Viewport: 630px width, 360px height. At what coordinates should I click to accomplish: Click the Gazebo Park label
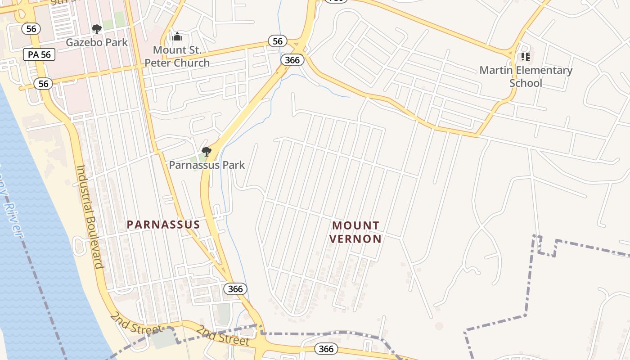(97, 42)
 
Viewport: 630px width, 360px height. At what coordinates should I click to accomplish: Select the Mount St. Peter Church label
(177, 56)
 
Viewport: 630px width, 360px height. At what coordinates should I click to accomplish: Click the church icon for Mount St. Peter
(177, 36)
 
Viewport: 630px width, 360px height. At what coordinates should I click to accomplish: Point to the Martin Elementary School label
(526, 76)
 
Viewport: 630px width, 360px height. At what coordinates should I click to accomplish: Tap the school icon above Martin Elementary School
(526, 57)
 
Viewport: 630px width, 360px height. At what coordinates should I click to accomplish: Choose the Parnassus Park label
(207, 165)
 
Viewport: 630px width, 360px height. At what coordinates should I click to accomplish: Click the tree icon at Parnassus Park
(207, 152)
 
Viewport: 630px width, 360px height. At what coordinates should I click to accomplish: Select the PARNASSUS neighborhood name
(163, 225)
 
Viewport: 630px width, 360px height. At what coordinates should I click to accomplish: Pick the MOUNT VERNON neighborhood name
(355, 232)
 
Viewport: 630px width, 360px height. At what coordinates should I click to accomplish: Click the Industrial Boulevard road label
(90, 216)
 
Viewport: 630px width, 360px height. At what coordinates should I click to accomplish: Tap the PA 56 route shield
(39, 55)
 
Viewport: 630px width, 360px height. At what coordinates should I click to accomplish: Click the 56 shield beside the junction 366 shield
(278, 41)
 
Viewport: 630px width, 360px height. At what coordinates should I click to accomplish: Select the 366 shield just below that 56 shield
(290, 60)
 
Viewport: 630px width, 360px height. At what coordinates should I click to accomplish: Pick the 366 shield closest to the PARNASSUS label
(235, 289)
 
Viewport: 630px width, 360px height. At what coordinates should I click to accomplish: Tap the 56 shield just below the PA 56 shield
(43, 84)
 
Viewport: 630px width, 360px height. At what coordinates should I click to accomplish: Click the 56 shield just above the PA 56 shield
(31, 29)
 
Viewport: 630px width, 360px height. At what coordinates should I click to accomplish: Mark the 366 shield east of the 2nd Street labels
(326, 349)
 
